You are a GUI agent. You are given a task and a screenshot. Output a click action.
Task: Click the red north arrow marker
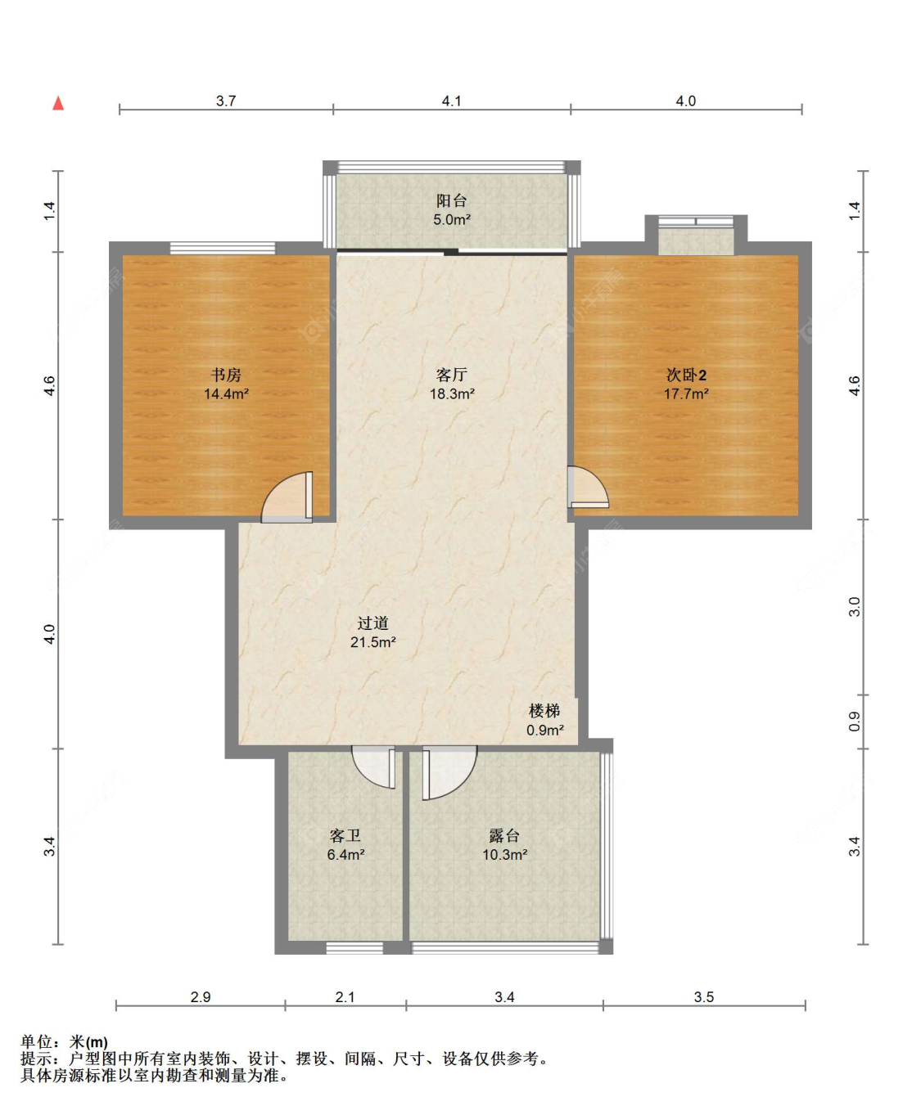click(58, 103)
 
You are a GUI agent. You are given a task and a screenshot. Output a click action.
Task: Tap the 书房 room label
click(226, 375)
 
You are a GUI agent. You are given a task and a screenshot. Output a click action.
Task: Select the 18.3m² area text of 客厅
click(452, 394)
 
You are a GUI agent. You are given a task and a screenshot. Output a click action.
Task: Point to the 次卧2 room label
click(686, 375)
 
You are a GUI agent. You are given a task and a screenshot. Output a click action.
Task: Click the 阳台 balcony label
click(452, 200)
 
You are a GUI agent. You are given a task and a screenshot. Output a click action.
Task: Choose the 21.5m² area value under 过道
click(373, 642)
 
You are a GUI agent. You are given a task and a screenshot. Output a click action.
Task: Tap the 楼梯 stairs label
click(544, 711)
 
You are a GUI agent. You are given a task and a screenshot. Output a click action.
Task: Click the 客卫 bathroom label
click(345, 835)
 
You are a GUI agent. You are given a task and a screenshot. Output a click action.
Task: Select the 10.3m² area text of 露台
click(505, 854)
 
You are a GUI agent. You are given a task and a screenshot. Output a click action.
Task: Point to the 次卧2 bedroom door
click(588, 487)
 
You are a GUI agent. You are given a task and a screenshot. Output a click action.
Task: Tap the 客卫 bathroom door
click(373, 767)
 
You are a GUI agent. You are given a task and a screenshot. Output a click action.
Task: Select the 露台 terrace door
click(449, 773)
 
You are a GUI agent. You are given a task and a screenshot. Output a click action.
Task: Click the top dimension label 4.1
click(451, 101)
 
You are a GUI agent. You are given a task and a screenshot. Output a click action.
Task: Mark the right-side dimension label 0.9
click(854, 722)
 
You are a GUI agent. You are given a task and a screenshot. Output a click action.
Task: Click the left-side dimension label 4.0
click(49, 634)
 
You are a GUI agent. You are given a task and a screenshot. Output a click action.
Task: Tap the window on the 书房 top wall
click(223, 248)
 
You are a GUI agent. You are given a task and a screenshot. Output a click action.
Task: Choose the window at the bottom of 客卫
click(354, 948)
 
